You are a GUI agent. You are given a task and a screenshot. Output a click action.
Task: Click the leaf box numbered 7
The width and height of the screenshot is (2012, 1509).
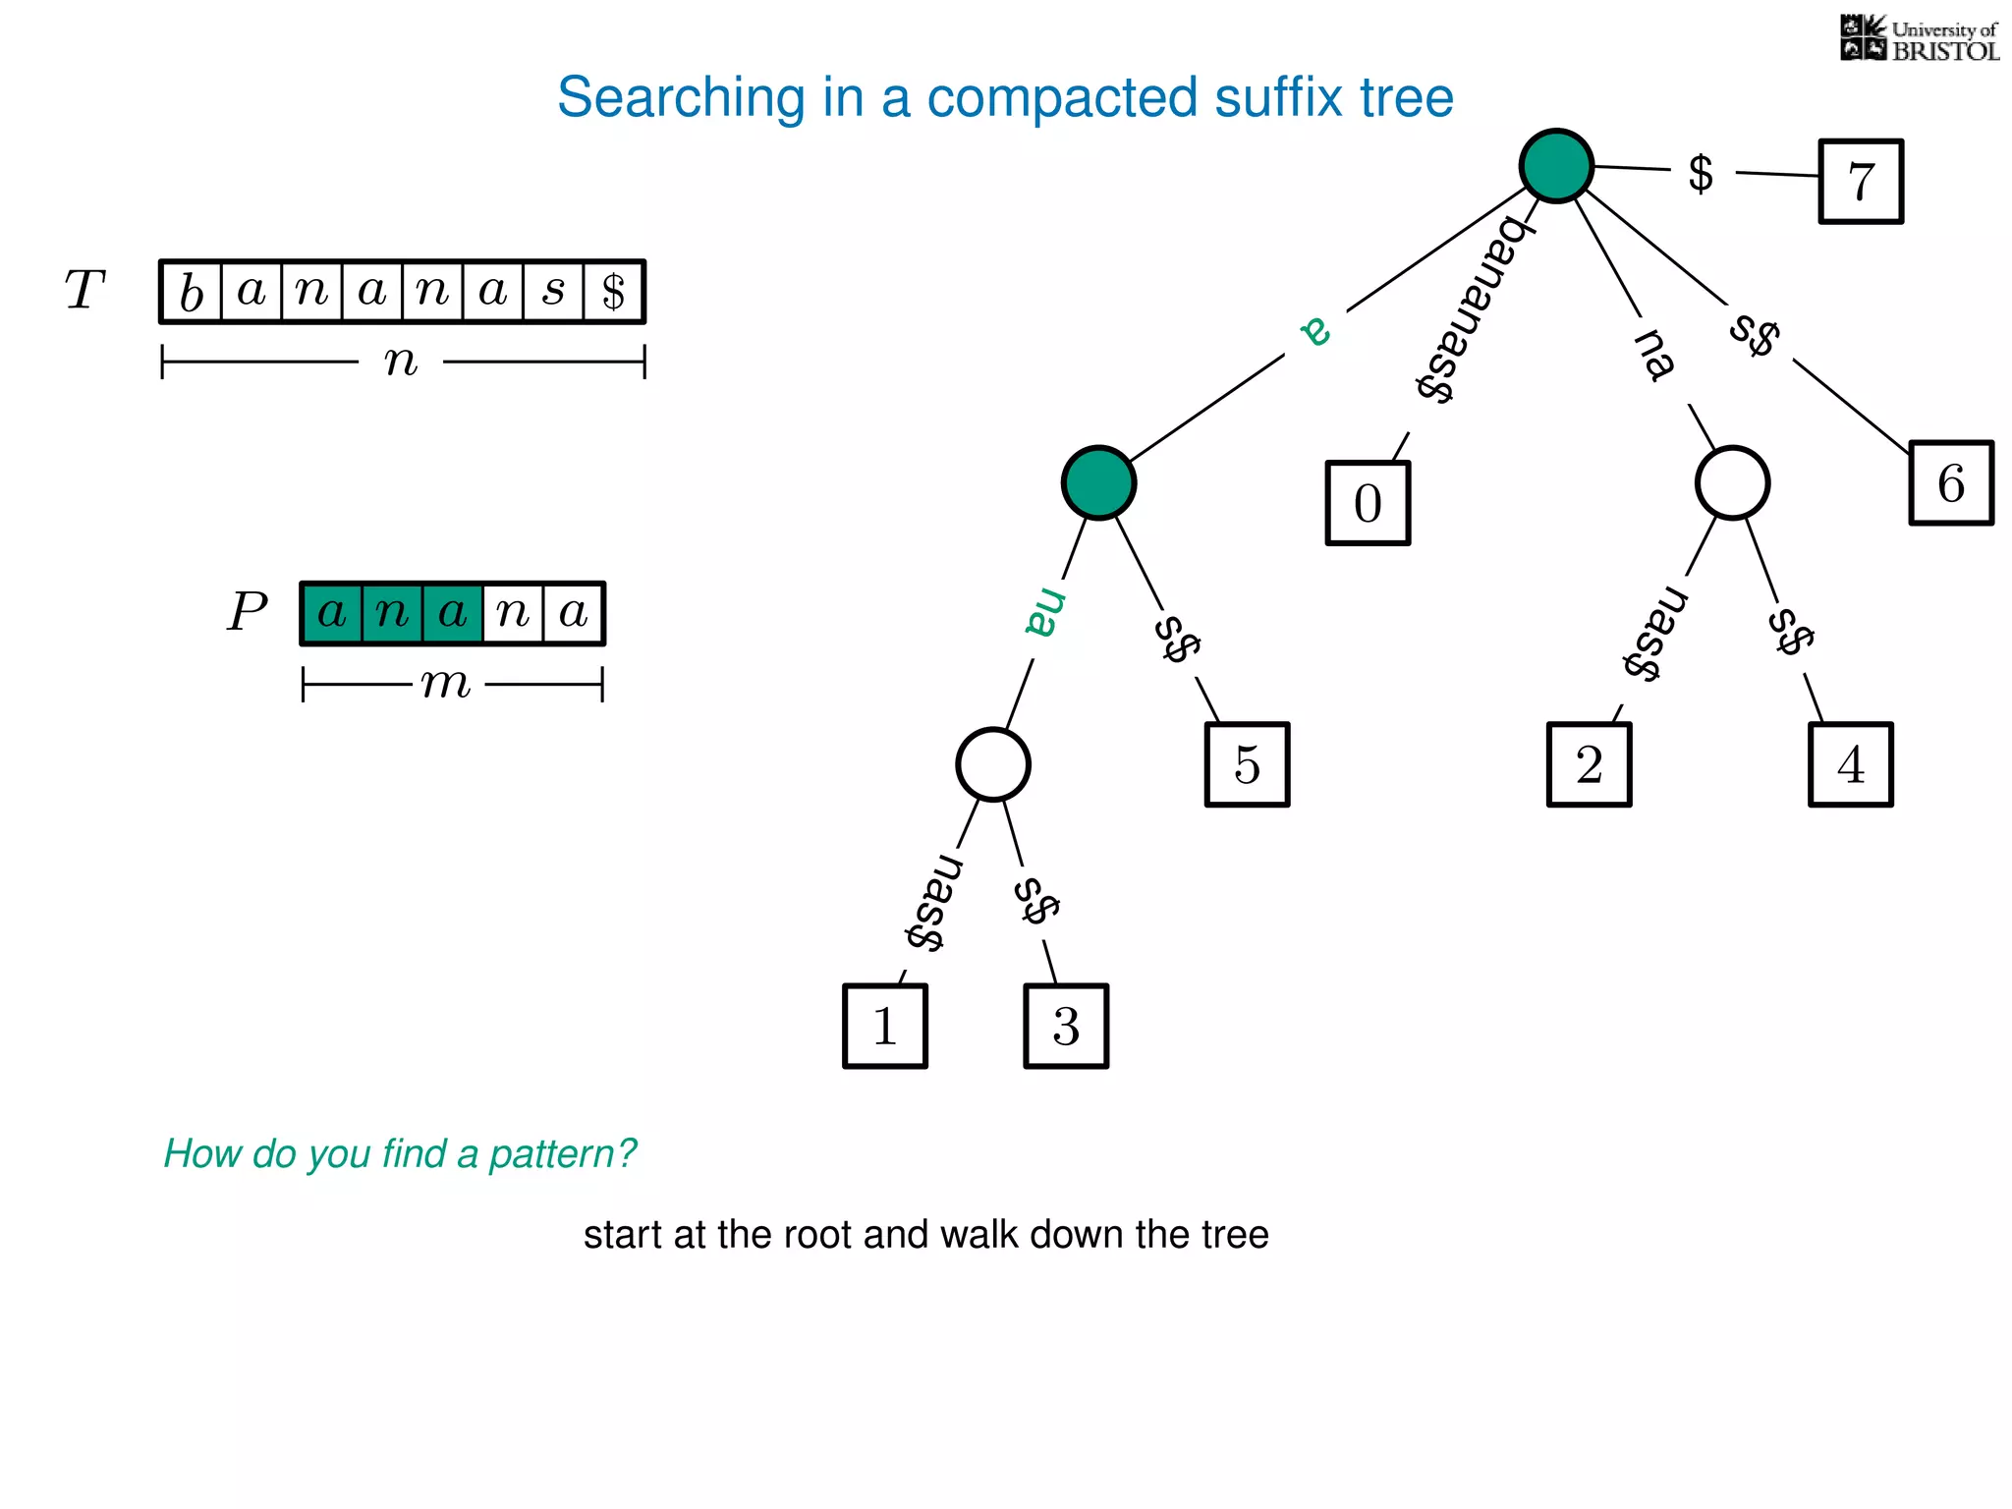(x=1861, y=182)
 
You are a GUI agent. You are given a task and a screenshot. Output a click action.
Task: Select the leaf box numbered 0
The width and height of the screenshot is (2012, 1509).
(x=1368, y=503)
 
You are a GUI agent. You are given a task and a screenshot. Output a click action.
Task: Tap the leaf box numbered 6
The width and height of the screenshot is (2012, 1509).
(x=1951, y=483)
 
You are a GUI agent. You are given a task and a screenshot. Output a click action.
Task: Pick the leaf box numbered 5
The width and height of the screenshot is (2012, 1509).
(x=1247, y=764)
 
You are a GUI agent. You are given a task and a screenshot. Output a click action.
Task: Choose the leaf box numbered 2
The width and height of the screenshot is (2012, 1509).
(x=1589, y=764)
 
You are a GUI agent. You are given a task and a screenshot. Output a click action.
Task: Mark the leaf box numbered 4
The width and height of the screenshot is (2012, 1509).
(x=1850, y=764)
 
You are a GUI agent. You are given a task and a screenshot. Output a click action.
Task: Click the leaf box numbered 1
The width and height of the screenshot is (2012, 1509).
(x=885, y=1026)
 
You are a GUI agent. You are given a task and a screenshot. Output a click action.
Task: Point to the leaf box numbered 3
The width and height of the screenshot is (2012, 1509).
(x=1066, y=1026)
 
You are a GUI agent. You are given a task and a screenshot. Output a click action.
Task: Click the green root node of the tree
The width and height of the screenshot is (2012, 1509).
(x=1556, y=166)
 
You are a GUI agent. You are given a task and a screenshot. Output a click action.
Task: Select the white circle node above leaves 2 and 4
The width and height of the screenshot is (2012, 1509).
(x=1732, y=483)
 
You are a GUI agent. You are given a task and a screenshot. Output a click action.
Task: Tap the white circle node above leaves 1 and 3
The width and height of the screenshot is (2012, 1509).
(x=993, y=764)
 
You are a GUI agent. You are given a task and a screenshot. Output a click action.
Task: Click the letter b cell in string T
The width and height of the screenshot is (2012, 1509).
(x=192, y=292)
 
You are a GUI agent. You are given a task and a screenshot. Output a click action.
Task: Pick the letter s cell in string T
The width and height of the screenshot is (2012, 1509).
(x=554, y=292)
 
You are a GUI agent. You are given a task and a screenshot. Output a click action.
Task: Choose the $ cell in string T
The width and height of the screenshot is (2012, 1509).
(x=614, y=292)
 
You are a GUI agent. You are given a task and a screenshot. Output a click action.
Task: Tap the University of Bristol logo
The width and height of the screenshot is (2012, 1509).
(x=1919, y=39)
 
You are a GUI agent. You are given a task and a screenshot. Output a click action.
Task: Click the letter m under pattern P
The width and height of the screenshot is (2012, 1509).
(x=447, y=684)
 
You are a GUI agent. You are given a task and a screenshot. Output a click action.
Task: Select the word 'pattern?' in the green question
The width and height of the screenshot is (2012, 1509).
(x=563, y=1153)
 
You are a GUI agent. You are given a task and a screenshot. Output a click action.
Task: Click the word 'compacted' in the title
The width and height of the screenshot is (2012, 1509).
(x=1064, y=97)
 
